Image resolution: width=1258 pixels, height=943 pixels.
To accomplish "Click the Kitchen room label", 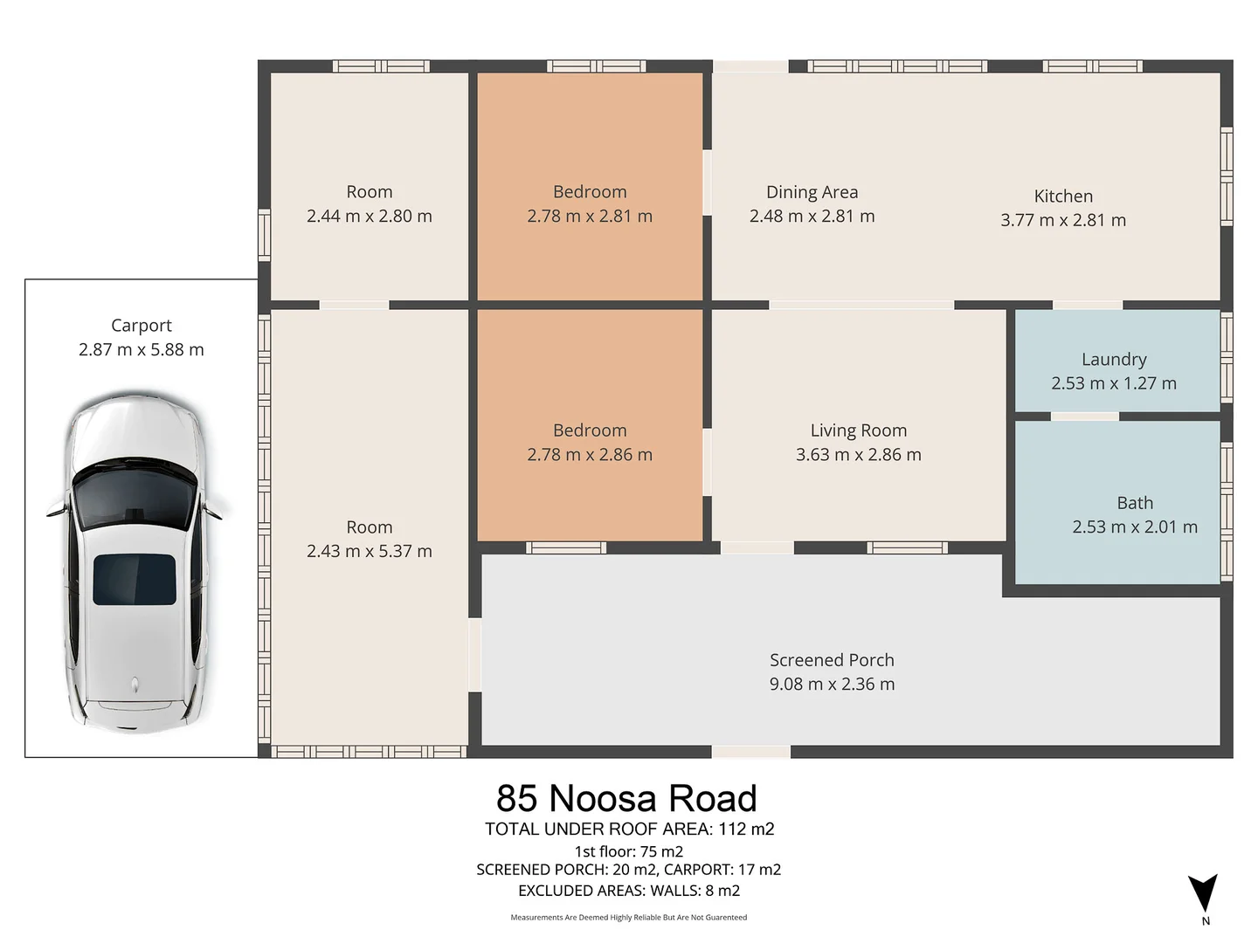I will [x=1063, y=196].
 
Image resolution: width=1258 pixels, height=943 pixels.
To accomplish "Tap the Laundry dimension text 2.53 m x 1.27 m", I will [x=1114, y=383].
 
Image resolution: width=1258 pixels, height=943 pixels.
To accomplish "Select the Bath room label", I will [x=1135, y=503].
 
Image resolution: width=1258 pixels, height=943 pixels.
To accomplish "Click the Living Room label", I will [x=858, y=430].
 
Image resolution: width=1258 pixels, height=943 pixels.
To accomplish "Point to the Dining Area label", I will [x=812, y=192].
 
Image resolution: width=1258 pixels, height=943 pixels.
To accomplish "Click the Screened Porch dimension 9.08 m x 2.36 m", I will [x=832, y=685].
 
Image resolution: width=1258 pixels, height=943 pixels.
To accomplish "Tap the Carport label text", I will [x=142, y=326].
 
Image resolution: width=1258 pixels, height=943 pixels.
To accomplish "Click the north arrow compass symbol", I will [x=1203, y=894].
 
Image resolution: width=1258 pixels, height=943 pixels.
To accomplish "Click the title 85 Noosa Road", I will [x=626, y=799].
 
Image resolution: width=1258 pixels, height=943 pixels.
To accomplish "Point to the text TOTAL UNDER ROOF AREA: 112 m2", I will [x=629, y=829].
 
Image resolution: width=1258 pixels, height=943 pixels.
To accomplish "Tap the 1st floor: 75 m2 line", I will [x=628, y=851].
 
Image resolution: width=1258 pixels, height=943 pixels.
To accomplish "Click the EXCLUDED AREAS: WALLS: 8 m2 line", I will [x=628, y=891].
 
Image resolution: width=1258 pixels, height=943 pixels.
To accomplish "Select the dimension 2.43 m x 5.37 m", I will [x=369, y=552].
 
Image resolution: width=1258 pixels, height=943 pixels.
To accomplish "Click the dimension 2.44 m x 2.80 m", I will [x=369, y=217].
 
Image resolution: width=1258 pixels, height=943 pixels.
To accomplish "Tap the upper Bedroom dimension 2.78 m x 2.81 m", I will [x=590, y=217].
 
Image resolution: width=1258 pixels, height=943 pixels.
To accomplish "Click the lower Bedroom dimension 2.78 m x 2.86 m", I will [x=590, y=455].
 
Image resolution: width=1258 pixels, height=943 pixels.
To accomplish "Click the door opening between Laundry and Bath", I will [x=1084, y=416].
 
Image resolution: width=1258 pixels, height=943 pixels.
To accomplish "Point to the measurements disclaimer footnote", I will [x=628, y=918].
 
